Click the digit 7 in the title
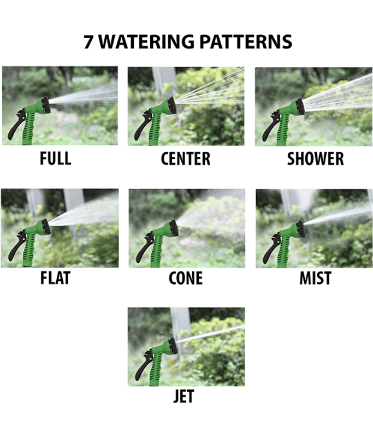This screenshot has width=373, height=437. [88, 42]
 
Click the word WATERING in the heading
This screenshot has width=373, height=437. [146, 42]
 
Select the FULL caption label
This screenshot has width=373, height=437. [56, 158]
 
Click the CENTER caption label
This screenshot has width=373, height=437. [186, 158]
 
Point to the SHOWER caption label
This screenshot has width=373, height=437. [315, 158]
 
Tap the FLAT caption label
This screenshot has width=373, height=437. [55, 278]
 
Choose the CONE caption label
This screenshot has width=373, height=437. [186, 278]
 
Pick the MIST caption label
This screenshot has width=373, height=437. [315, 278]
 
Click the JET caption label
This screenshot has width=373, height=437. [183, 396]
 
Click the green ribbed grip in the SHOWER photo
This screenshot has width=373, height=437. [283, 131]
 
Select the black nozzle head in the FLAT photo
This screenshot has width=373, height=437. [46, 227]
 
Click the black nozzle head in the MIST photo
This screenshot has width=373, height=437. [300, 229]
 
